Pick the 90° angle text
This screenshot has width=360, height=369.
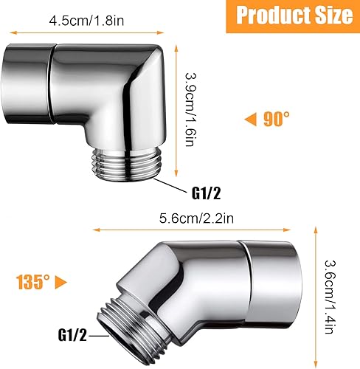tap(277, 117)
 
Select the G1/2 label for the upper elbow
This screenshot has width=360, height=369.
tap(207, 194)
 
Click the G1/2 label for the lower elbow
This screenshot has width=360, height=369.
tap(72, 334)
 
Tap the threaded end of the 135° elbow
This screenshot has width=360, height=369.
tap(139, 324)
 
